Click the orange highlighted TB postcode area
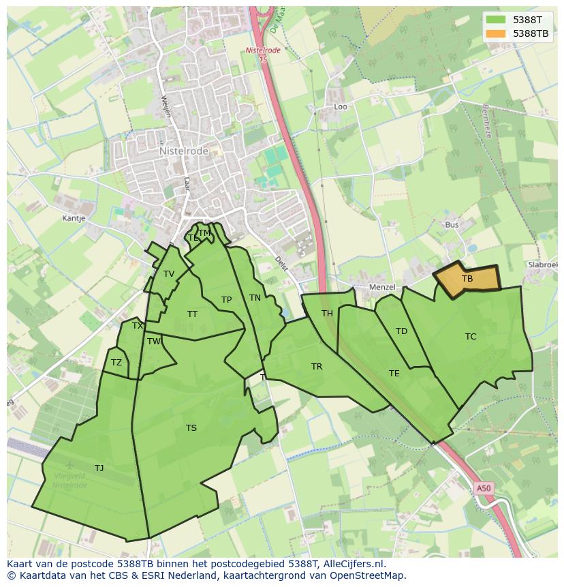point(467,279)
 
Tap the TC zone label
point(471,336)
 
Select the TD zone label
point(401,331)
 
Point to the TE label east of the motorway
point(394,373)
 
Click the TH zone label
point(327,314)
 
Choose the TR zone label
point(317,367)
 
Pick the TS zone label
point(191,428)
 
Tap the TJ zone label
point(99,468)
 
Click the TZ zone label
point(116,363)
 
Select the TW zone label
point(154,342)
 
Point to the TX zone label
point(138,326)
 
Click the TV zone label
point(169,274)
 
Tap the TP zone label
point(226,300)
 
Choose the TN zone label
point(255,298)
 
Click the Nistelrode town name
point(183,151)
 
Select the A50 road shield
point(483,488)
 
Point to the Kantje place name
point(74,219)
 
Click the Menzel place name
point(381,287)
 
